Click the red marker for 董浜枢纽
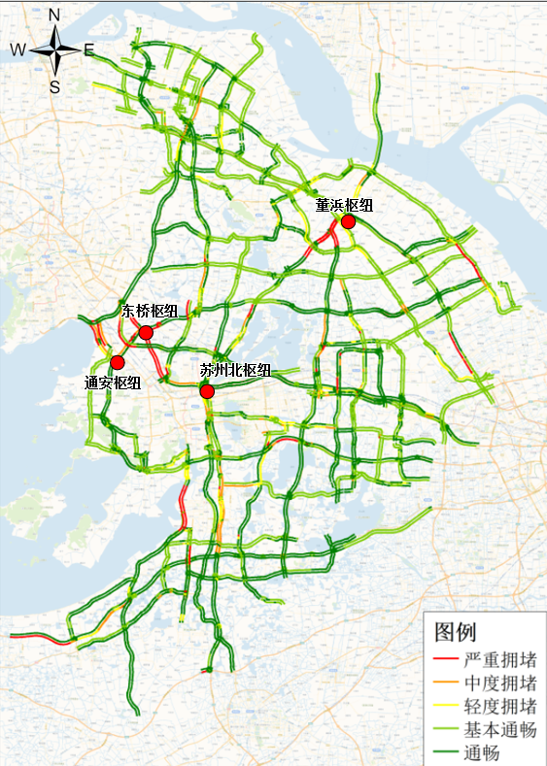tap(348, 221)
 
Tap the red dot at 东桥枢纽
tap(146, 333)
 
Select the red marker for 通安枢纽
tap(118, 363)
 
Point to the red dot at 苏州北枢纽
tap(206, 391)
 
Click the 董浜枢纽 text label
tap(344, 206)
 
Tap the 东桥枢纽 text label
tap(149, 311)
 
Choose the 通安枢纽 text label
tap(113, 383)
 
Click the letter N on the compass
tap(54, 15)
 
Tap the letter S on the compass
tap(55, 86)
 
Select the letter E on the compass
tap(88, 50)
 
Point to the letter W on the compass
tap(18, 50)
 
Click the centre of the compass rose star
tap(56, 50)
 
